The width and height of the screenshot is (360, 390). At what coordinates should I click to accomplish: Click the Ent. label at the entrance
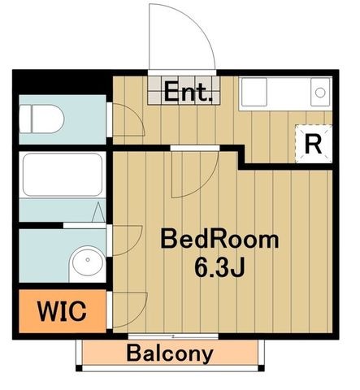tap(188, 92)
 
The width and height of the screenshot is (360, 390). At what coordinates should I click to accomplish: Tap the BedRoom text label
tap(219, 239)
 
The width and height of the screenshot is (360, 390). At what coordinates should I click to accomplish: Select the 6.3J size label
tap(219, 266)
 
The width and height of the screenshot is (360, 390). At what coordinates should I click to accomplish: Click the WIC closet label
tap(62, 311)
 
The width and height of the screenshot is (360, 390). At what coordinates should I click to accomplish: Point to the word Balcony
tap(170, 353)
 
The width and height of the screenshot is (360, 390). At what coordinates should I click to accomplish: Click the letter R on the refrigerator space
tap(313, 144)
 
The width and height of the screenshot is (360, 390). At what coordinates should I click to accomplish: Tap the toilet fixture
tap(41, 119)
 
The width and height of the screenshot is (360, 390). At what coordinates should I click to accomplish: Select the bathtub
tap(63, 175)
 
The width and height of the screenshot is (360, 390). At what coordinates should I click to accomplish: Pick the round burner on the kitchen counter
tap(320, 93)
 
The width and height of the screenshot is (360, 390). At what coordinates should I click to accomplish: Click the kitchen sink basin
tap(254, 92)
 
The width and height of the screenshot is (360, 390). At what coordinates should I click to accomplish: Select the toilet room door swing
tap(129, 119)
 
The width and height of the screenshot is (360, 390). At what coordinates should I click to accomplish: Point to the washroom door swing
tap(128, 240)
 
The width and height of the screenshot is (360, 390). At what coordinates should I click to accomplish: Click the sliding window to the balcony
tap(173, 336)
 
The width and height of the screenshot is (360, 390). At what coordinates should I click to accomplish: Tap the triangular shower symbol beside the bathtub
tap(98, 212)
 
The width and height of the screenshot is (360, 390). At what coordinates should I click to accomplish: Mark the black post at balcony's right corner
tap(261, 368)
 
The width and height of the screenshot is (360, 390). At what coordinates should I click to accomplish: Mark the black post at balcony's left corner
tap(79, 368)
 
